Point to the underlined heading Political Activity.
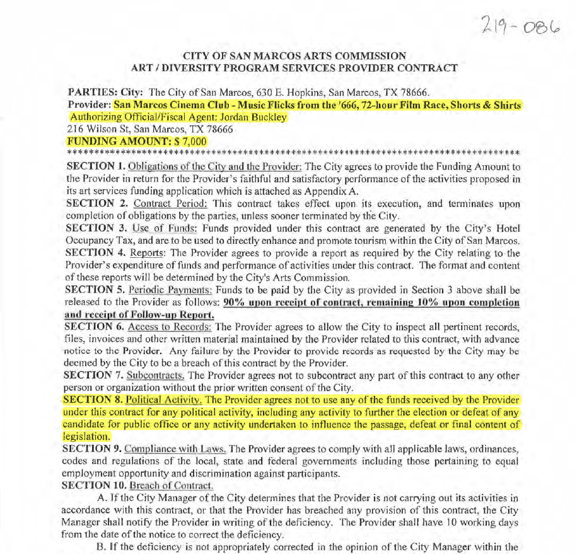click(162, 400)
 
